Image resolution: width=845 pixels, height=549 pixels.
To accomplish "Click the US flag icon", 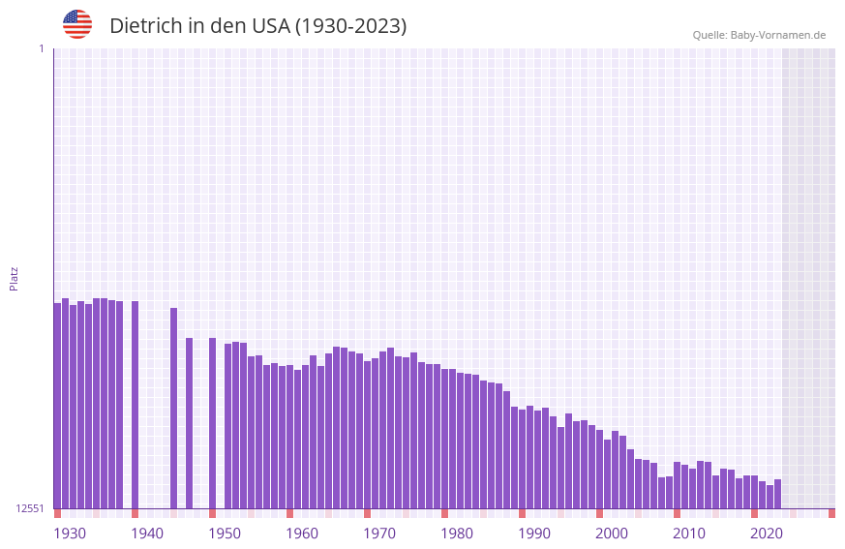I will coord(77,24).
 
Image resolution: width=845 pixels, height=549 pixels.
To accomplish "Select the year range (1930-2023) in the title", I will coord(350,26).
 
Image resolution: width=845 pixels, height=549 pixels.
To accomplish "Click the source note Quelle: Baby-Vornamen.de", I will coord(759,35).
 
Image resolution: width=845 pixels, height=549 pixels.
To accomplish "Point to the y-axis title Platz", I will coord(14,278).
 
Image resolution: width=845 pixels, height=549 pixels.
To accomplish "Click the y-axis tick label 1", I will coord(41,48).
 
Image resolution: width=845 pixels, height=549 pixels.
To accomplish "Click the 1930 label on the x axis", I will coord(70,534).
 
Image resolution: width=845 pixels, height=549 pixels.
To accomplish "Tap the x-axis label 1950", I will coord(225,534).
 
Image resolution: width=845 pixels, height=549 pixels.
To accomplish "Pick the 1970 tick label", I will coord(379,534).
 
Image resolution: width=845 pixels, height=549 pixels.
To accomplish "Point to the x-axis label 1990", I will coord(534,534).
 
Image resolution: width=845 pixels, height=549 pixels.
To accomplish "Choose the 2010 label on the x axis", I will coord(689,534).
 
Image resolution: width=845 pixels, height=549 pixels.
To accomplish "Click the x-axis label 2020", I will coord(767,534).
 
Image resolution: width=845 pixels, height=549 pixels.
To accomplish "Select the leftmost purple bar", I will coord(57,407).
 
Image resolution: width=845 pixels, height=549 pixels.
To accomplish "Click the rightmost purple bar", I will coord(777,494).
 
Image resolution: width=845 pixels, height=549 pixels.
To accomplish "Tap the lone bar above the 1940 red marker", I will coord(135,405).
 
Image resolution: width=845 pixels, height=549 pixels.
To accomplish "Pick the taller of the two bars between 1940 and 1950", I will coord(173,408).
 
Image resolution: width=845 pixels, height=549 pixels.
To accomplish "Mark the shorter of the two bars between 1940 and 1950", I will coord(189,423).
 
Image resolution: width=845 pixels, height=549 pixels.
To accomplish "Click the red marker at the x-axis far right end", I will coord(831,513).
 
